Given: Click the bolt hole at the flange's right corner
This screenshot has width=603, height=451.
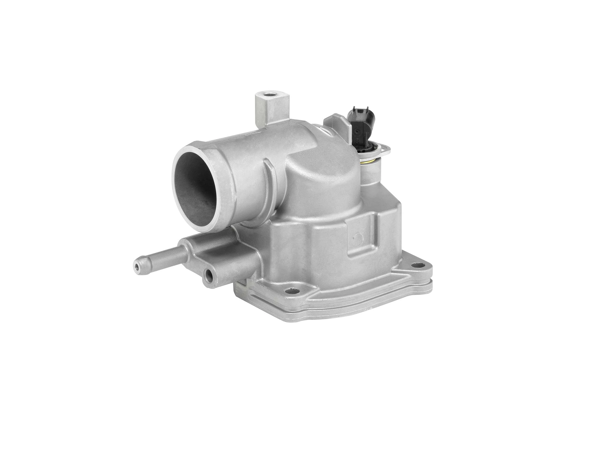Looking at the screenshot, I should pyautogui.click(x=418, y=265).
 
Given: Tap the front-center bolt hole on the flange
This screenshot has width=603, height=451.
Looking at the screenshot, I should pyautogui.click(x=292, y=292).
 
